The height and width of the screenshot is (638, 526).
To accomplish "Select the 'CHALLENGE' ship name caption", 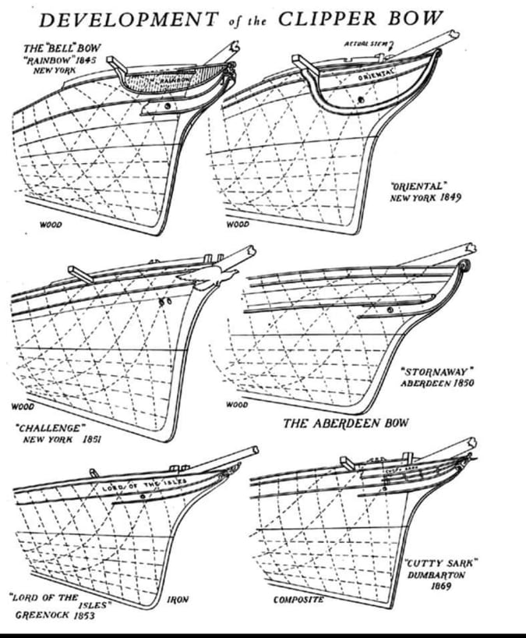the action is tap(48, 428).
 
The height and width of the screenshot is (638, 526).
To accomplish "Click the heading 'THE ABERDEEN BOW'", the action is tap(346, 424).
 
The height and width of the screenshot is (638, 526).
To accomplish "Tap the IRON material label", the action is tap(179, 600).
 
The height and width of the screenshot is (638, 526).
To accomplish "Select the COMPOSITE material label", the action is tap(298, 600).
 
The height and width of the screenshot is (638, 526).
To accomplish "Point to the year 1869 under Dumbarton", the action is tap(440, 586).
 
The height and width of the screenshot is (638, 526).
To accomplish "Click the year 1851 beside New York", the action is tap(93, 440).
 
